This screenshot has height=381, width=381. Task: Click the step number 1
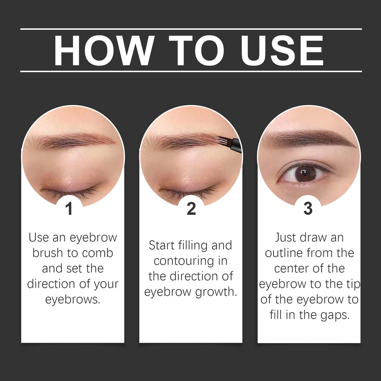tap(69, 209)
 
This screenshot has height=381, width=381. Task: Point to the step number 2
tap(191, 209)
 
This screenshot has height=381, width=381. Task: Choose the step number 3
tap(308, 209)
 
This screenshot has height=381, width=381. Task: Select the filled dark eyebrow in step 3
tap(311, 140)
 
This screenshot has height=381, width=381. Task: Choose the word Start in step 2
tap(162, 245)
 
